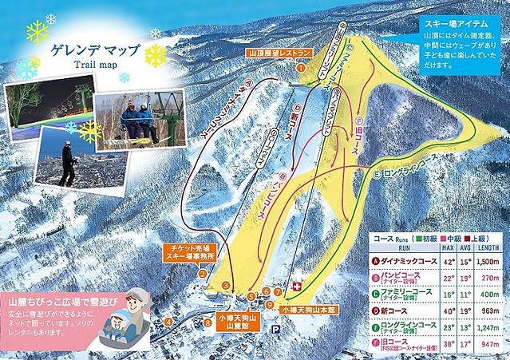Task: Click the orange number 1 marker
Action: coord(301,68)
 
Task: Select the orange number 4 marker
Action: coord(169,322)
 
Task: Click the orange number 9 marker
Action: coord(271,305)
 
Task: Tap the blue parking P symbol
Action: coord(276,328)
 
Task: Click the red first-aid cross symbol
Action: coord(297,286)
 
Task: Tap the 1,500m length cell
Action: coord(486,260)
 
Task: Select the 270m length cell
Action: coord(487,277)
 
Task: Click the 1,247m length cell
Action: coord(486,326)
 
